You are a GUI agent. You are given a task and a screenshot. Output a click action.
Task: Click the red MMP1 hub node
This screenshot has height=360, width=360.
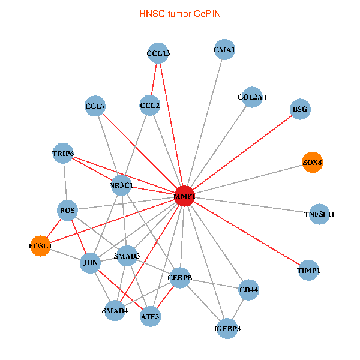click(x=184, y=196)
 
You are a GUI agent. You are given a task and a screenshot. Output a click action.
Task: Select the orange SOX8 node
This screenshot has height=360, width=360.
click(x=313, y=163)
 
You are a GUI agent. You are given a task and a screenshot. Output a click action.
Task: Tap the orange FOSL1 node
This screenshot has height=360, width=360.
click(x=41, y=246)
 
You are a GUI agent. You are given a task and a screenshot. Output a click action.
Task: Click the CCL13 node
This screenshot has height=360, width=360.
click(x=158, y=53)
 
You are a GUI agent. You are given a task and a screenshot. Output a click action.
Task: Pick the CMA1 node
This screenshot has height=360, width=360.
click(x=224, y=50)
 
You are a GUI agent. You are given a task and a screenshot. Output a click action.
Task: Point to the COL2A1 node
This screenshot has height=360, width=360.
click(x=252, y=97)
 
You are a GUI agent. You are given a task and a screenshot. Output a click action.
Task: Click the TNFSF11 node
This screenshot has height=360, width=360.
click(x=319, y=214)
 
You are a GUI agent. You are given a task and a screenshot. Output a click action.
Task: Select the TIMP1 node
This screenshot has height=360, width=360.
click(x=308, y=271)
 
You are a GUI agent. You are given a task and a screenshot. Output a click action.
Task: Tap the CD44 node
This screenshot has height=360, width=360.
click(x=248, y=290)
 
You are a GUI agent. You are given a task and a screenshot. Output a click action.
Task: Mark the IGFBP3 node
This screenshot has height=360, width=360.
click(x=227, y=328)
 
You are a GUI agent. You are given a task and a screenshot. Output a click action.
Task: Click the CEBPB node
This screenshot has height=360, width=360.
click(x=179, y=278)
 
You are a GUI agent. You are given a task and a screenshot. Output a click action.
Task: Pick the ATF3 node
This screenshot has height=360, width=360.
click(x=150, y=315)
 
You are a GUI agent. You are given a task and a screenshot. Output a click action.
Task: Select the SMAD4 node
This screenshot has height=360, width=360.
click(x=115, y=310)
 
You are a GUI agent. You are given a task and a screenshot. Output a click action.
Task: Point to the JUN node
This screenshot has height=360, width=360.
click(x=89, y=263)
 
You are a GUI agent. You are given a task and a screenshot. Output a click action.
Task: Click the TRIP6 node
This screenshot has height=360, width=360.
click(x=63, y=154)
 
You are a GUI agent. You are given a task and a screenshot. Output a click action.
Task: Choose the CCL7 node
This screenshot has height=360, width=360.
click(x=95, y=107)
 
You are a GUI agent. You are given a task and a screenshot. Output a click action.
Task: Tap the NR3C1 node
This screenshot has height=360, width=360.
click(x=121, y=185)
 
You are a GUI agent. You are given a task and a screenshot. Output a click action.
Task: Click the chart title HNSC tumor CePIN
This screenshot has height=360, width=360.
click(x=179, y=13)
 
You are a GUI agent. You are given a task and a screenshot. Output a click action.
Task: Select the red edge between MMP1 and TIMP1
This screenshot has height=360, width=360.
click(x=246, y=233)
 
